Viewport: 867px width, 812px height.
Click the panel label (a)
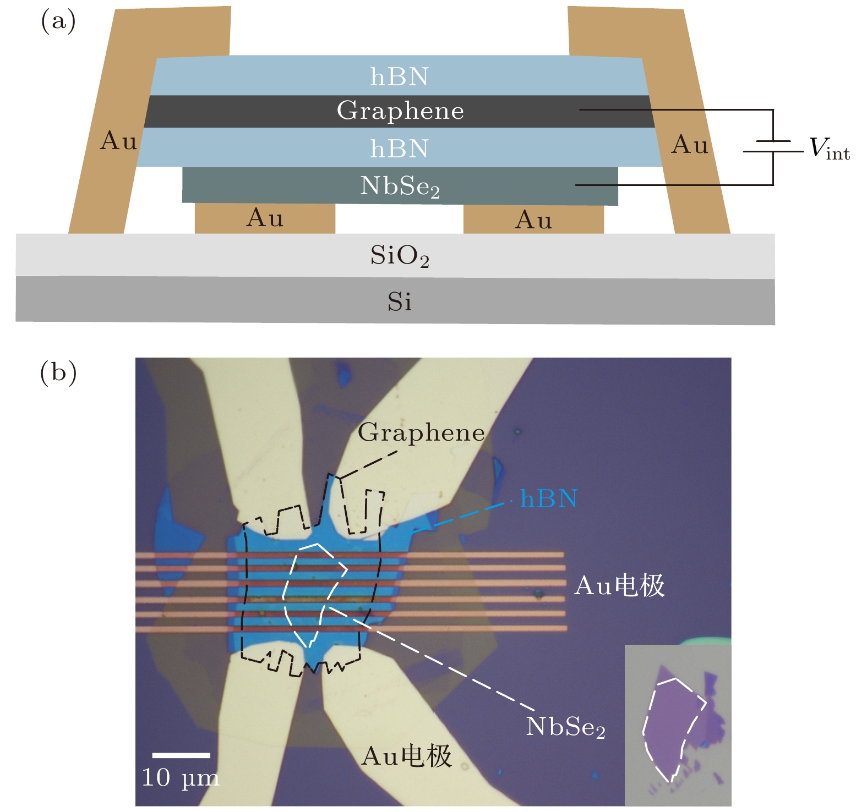click(58, 22)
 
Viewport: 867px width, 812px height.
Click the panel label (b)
click(58, 373)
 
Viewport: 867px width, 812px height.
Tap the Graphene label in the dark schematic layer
click(400, 111)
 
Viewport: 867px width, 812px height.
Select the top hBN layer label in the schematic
click(399, 77)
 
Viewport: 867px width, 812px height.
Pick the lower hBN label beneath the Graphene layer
click(399, 149)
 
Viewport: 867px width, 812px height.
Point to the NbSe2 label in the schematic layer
click(400, 187)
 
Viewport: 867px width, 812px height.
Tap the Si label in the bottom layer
click(399, 302)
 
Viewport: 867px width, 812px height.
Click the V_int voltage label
click(829, 149)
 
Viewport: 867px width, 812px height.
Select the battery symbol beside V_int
click(773, 146)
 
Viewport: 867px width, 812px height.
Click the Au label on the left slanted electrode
click(118, 141)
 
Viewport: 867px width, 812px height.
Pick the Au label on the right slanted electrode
click(690, 145)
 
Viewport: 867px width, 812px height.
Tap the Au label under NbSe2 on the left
click(265, 218)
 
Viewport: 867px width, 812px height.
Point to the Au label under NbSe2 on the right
click(533, 221)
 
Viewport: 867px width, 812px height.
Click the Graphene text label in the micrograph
click(421, 433)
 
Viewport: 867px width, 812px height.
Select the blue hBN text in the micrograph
click(548, 499)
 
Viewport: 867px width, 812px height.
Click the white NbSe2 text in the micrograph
click(565, 727)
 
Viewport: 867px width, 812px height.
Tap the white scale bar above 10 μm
click(181, 755)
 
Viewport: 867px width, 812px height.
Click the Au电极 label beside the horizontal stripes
click(619, 586)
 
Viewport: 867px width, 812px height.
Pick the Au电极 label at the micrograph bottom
click(406, 756)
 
